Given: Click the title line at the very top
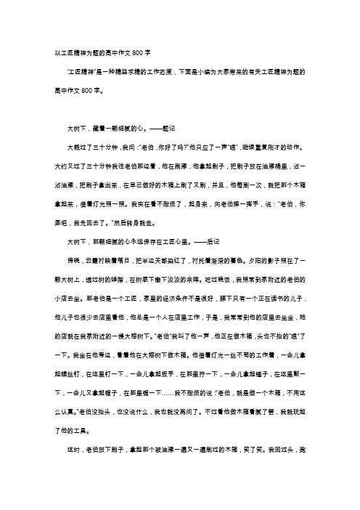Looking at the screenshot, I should (x=98, y=52).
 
